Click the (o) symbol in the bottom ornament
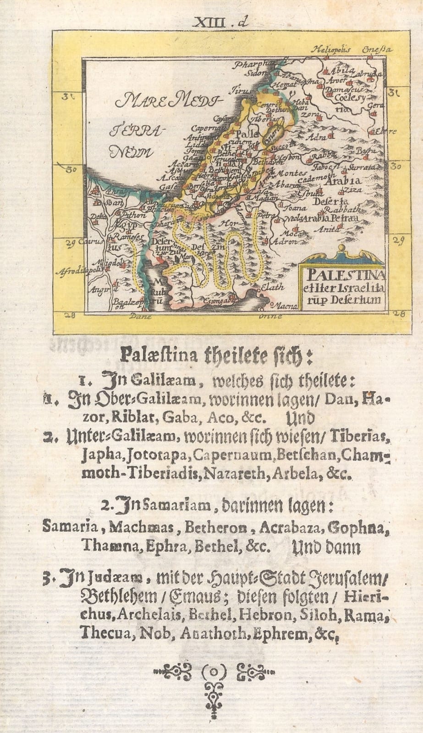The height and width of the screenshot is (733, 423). tap(214, 673)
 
